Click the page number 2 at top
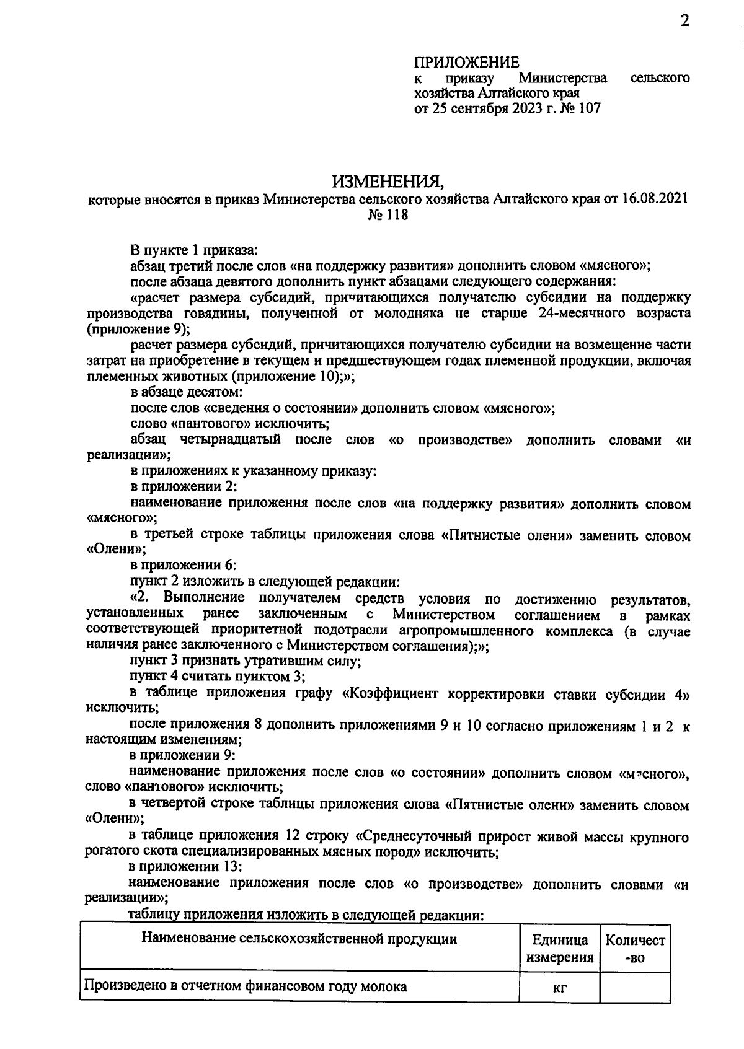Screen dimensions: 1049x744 [x=685, y=22]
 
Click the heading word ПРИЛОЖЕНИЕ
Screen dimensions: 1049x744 [x=466, y=63]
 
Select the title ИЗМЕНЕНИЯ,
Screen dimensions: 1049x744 [x=388, y=182]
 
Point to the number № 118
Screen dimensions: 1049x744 [x=389, y=216]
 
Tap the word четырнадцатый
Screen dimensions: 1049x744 [x=229, y=440]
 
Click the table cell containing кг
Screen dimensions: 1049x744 [x=560, y=987]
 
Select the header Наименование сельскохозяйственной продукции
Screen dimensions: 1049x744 [x=299, y=939]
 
